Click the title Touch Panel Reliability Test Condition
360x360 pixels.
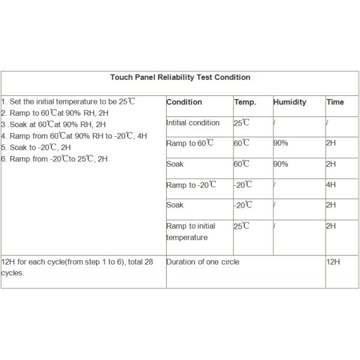(x=180, y=77)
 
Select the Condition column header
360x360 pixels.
(x=184, y=102)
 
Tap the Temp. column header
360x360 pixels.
(x=245, y=102)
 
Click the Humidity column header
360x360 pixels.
(x=289, y=102)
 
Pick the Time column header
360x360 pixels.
(x=335, y=102)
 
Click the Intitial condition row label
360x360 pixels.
(x=193, y=123)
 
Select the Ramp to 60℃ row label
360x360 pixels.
(x=190, y=143)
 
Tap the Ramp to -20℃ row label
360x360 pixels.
(x=191, y=185)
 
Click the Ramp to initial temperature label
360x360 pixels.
(x=191, y=232)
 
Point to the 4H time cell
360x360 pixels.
(x=331, y=185)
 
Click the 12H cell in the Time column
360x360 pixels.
(x=333, y=262)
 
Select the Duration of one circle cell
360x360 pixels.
(x=202, y=262)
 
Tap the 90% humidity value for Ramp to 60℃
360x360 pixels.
(x=281, y=143)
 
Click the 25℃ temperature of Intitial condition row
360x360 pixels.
(x=242, y=123)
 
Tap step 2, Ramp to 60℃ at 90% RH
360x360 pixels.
(x=55, y=113)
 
